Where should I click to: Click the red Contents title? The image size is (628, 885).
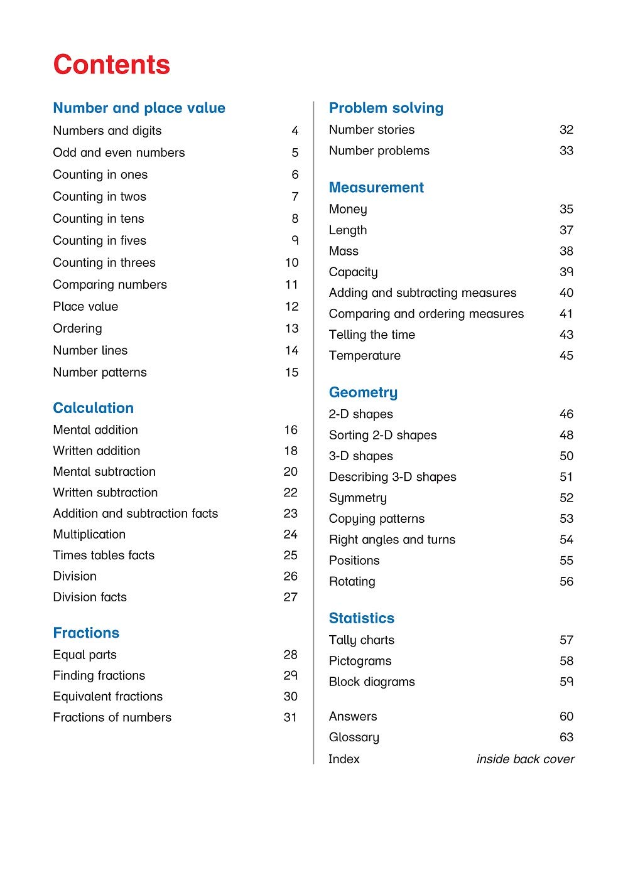[111, 65]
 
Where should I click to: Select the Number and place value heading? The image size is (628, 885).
[139, 108]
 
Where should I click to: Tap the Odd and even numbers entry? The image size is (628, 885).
[119, 153]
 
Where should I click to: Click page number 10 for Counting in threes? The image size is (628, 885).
[291, 262]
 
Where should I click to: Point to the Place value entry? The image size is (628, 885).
[85, 306]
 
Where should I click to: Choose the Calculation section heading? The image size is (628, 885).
[93, 408]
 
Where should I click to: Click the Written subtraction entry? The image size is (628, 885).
[105, 493]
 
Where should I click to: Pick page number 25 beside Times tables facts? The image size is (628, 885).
[290, 555]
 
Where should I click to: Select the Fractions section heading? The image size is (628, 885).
[86, 633]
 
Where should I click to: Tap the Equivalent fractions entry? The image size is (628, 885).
[107, 697]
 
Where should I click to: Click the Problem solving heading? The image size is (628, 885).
[386, 108]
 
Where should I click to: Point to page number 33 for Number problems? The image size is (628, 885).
[566, 151]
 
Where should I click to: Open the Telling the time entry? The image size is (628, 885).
[372, 335]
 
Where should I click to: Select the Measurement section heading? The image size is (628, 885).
[376, 187]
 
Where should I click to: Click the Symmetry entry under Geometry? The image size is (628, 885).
[357, 498]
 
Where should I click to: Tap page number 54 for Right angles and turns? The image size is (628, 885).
[566, 540]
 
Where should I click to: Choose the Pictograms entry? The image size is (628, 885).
[360, 661]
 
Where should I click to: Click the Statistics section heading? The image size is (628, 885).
[361, 618]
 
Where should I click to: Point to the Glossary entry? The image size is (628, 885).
[354, 737]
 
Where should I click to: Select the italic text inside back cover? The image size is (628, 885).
[525, 759]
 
